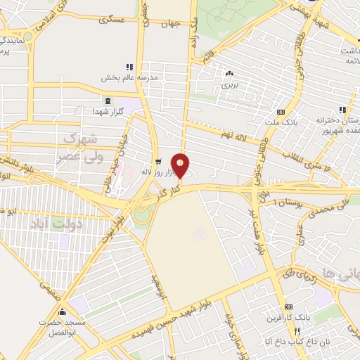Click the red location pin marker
pos(181,165)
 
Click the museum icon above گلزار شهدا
pos(107,101)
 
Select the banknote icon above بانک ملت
pos(281,112)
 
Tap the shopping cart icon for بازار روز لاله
pos(157,160)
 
